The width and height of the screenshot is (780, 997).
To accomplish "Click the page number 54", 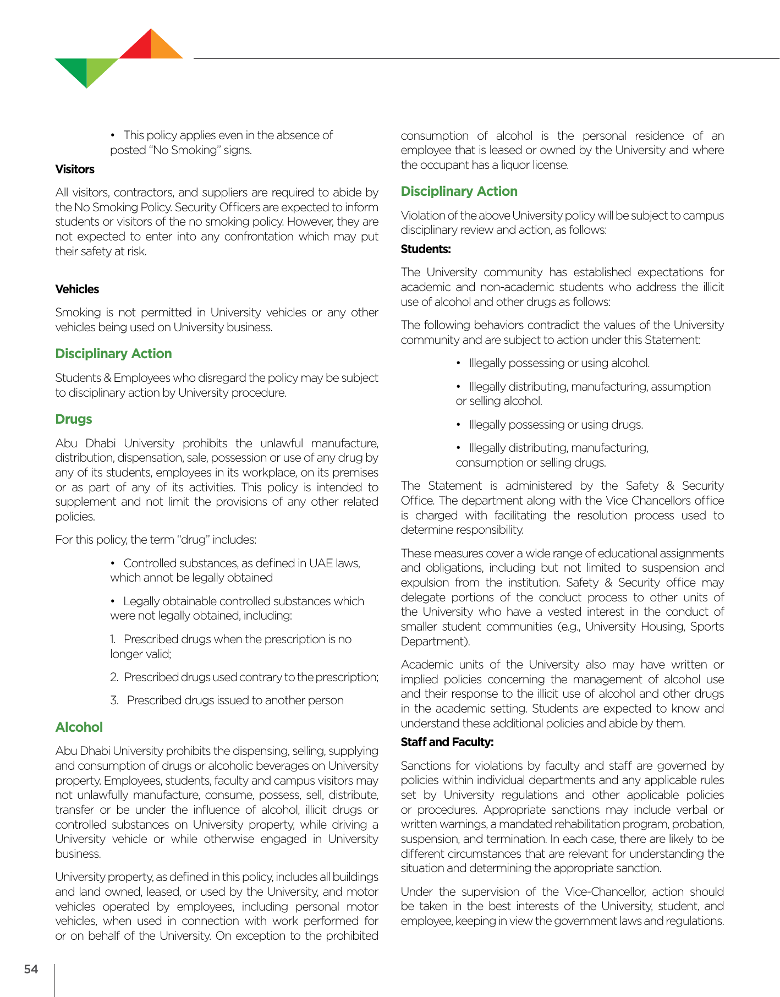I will [31, 969].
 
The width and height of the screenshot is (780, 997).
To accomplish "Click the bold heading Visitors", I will [75, 169].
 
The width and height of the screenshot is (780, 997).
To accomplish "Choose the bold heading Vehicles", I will [77, 289].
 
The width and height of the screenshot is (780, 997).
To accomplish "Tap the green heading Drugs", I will [74, 419].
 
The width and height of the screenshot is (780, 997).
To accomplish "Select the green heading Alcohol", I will [79, 727].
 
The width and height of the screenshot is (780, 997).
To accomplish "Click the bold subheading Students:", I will [426, 249].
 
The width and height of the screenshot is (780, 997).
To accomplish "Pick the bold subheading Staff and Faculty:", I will [447, 742].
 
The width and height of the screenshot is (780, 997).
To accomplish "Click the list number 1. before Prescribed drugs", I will [113, 639].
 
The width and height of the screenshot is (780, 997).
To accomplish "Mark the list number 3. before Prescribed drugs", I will [114, 700].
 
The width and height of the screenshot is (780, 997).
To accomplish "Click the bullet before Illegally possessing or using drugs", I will [459, 425].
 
